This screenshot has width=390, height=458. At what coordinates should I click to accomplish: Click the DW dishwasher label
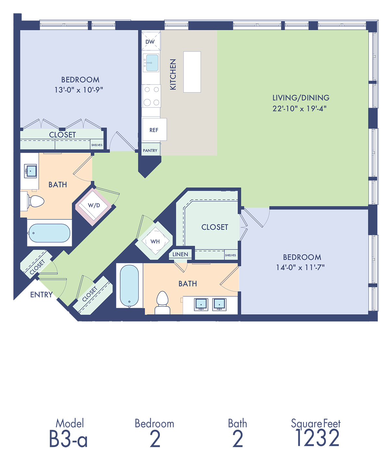click(x=150, y=42)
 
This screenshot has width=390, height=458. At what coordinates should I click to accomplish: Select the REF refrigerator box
click(x=154, y=129)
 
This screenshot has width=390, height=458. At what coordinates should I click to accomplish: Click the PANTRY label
click(x=150, y=151)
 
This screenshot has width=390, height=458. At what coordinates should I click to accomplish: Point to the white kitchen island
click(x=192, y=72)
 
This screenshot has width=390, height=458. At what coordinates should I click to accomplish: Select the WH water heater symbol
click(x=155, y=241)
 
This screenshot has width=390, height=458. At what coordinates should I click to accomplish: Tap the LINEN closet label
click(x=180, y=254)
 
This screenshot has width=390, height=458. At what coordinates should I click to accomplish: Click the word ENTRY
click(x=41, y=294)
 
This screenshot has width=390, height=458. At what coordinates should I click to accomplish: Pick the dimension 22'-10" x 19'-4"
click(x=299, y=109)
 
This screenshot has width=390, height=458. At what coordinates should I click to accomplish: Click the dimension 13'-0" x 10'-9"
click(x=79, y=90)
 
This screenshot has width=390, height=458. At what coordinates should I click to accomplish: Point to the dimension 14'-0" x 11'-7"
click(x=300, y=267)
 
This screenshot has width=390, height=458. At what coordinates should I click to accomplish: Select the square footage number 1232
click(x=317, y=438)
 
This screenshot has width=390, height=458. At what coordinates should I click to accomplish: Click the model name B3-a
click(x=68, y=439)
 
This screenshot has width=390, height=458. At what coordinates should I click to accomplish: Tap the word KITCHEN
click(x=173, y=74)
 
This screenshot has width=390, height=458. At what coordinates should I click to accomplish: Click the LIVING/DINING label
click(x=301, y=98)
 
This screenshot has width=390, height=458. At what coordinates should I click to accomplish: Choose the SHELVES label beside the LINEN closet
click(x=230, y=255)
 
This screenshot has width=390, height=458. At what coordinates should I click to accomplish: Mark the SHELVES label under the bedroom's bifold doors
click(x=97, y=145)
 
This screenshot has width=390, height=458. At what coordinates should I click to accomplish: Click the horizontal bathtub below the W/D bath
click(x=50, y=233)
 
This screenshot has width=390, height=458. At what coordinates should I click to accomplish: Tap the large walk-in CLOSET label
click(x=215, y=227)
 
